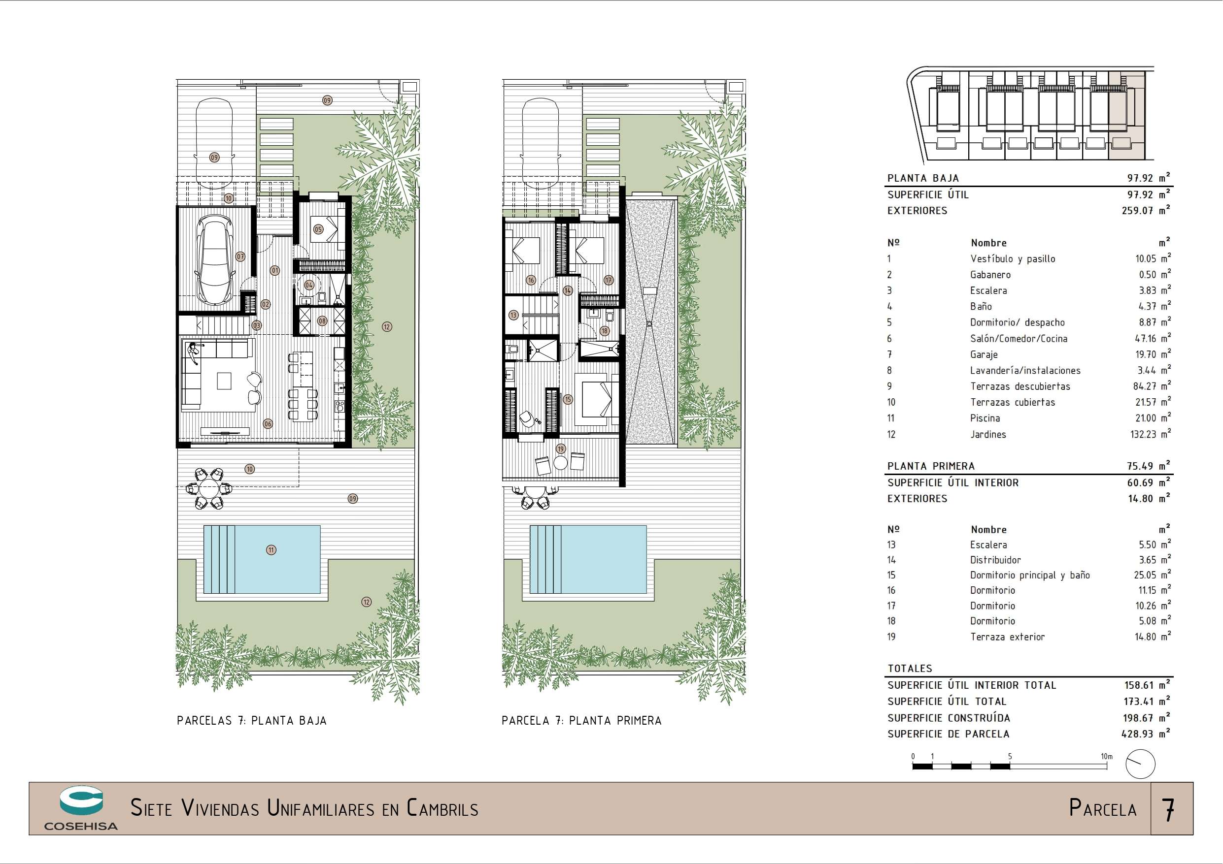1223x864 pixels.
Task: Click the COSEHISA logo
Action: coord(81,808)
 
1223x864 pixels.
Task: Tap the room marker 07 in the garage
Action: coord(240,256)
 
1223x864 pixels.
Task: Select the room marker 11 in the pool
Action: coord(271,550)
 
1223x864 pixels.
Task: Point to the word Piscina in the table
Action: coord(985,418)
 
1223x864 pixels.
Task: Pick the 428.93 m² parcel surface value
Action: coord(1146,734)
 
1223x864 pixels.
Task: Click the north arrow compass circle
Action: coord(1140,764)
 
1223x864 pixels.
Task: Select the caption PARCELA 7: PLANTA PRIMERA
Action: coord(581,721)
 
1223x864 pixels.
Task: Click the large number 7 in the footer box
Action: coord(1169,810)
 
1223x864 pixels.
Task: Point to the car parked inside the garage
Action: coord(216,261)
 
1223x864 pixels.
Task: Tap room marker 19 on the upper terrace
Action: coord(560,449)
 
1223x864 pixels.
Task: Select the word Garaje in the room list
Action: coord(984,354)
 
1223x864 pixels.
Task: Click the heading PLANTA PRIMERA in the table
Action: coord(931,466)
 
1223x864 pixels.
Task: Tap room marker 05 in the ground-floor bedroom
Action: coord(318,229)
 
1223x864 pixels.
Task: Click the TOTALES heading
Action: coord(910,669)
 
